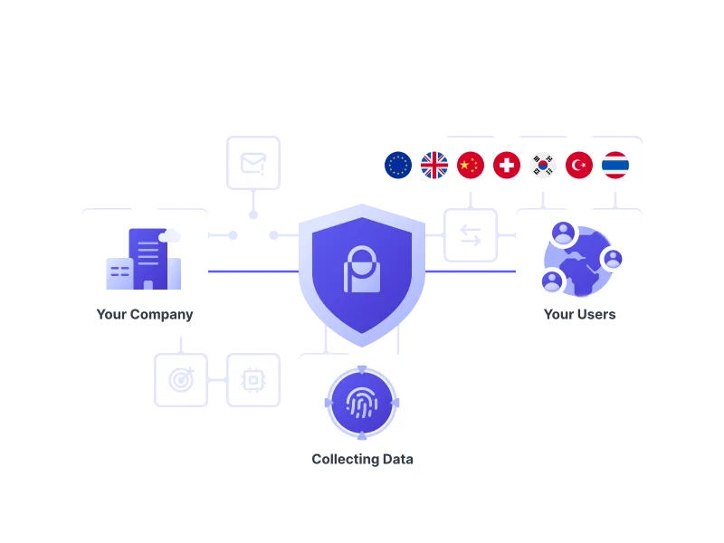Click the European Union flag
(398, 165)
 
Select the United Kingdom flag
(434, 165)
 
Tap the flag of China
(471, 165)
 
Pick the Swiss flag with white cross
(507, 165)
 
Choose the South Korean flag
(543, 165)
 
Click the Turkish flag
(579, 165)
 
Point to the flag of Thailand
(615, 165)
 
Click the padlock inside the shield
(362, 269)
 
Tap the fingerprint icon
(362, 402)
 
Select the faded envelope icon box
(253, 163)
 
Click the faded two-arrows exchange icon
(471, 235)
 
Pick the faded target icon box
(181, 380)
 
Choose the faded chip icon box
(253, 380)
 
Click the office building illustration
(144, 259)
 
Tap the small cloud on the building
(170, 236)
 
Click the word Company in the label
(162, 315)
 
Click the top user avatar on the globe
(563, 233)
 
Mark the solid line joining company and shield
(253, 271)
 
